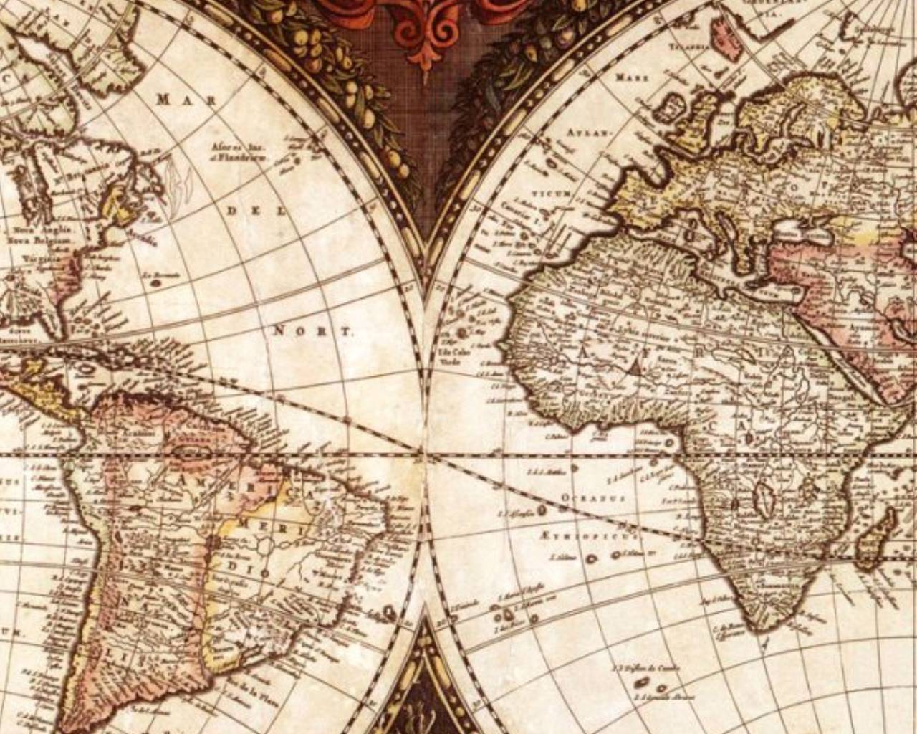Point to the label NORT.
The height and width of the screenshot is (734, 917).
[314, 331]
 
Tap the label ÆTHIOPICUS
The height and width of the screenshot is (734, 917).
[585, 535]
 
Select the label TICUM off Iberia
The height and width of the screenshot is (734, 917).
[550, 194]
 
